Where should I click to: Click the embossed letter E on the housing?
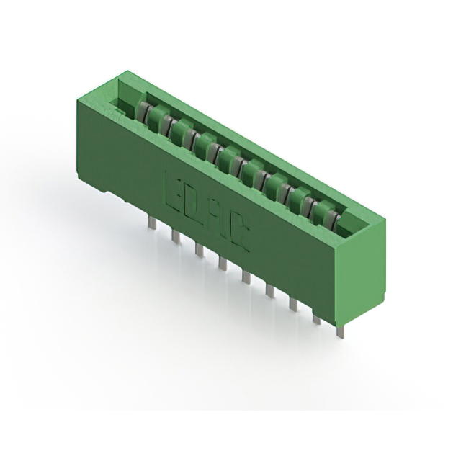click(x=176, y=190)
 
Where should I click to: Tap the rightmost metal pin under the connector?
click(x=339, y=328)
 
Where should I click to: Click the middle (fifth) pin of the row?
click(x=246, y=275)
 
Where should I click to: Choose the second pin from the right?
click(x=315, y=315)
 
